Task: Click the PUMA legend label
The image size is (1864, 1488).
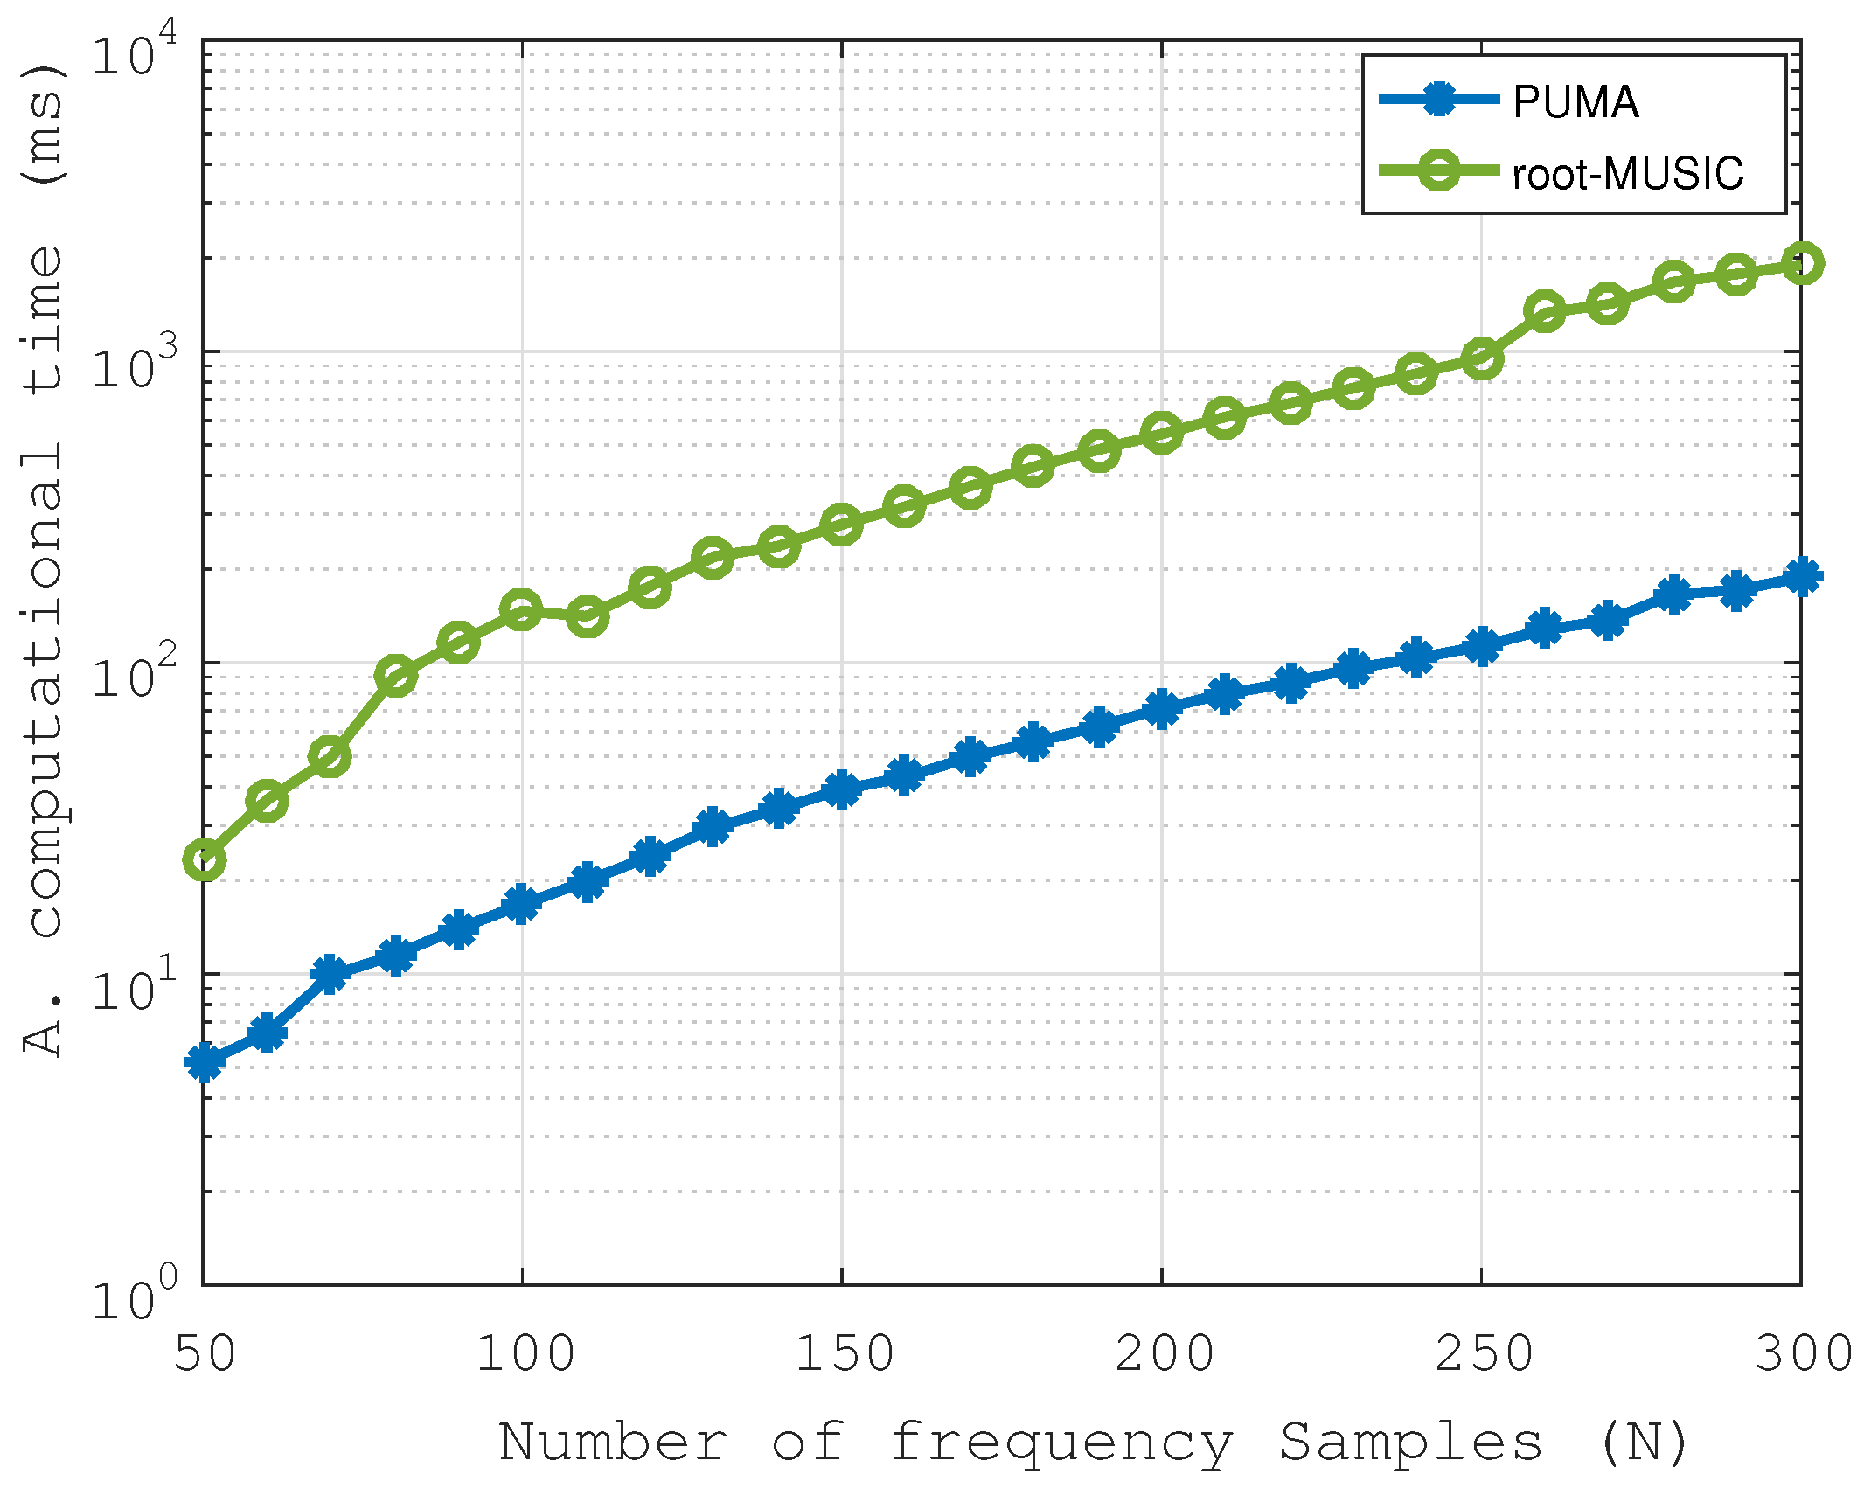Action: click(x=1575, y=102)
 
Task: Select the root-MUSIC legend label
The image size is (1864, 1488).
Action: click(x=1628, y=173)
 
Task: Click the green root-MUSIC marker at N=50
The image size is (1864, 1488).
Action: click(x=204, y=860)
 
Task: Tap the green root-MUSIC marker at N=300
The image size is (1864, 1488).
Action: click(x=1802, y=263)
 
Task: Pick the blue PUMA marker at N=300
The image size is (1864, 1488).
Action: click(x=1802, y=576)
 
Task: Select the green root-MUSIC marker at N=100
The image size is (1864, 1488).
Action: click(x=522, y=609)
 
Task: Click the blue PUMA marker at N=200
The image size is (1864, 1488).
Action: click(x=1161, y=708)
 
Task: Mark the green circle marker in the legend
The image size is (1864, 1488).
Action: click(x=1438, y=170)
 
